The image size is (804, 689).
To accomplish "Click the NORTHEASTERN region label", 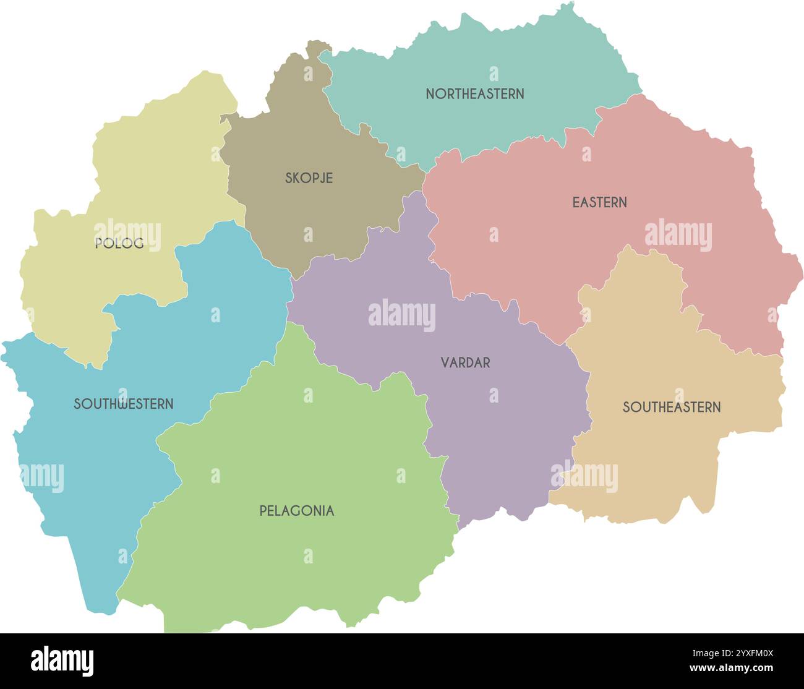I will (475, 94).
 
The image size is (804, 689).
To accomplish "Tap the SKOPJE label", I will (309, 178).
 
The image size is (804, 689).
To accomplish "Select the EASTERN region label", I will (599, 202).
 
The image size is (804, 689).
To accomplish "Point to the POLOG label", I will (119, 244).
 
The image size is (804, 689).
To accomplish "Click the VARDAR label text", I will (465, 363).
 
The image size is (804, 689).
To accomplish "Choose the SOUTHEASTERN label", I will (671, 408).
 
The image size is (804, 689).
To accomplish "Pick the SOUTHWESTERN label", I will (123, 404).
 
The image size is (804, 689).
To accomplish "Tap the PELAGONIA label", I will (296, 511).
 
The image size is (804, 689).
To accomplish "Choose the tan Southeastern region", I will (649, 458).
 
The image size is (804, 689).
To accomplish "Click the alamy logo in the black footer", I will (62, 661).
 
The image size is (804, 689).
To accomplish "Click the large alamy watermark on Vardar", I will (402, 315).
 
